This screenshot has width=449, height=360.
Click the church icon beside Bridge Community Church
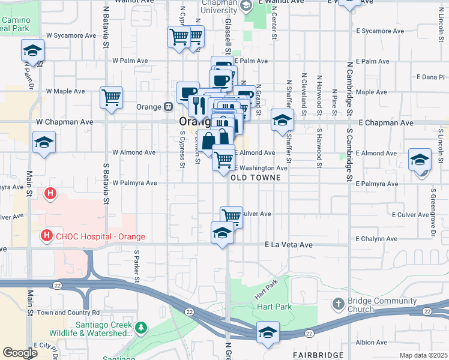[x=339, y=304]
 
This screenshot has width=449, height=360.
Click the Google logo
[x=20, y=353]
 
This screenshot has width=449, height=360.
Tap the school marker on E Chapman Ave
[x=282, y=120]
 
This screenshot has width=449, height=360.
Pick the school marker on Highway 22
[x=268, y=332]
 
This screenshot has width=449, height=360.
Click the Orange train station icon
[x=169, y=107]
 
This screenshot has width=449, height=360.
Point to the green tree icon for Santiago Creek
[x=140, y=328]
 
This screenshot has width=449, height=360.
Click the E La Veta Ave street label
[x=289, y=245]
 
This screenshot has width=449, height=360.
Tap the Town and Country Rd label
[x=68, y=313]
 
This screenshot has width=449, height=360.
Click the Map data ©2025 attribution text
[x=423, y=355]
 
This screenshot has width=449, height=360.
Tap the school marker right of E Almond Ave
[x=420, y=160]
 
